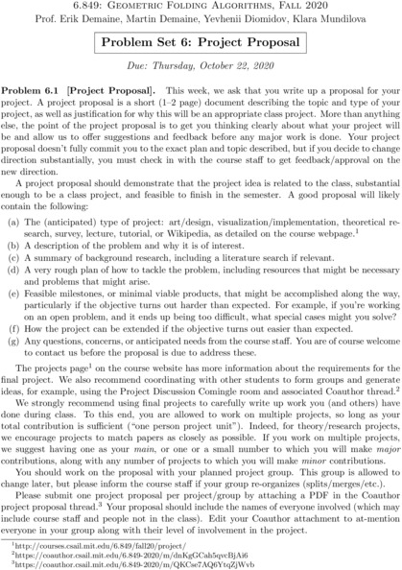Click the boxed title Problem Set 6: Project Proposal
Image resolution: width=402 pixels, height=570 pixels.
201,46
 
